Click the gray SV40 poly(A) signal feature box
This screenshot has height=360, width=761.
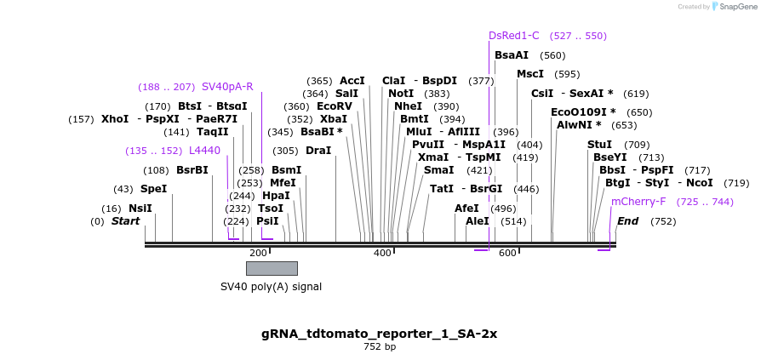click(272, 268)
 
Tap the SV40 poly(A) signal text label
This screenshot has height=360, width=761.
click(271, 287)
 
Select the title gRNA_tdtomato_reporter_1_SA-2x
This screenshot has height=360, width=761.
click(380, 333)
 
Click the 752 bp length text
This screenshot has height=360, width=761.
click(380, 346)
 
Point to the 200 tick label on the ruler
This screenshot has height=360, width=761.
click(258, 253)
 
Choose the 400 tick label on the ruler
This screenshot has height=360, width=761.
click(382, 253)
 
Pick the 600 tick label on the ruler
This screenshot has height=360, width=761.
click(507, 253)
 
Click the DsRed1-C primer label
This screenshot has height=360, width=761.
click(514, 36)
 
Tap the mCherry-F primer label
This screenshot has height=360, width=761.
click(638, 202)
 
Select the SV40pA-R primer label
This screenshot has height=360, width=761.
click(227, 86)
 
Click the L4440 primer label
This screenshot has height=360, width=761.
click(204, 151)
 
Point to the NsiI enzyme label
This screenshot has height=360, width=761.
click(140, 208)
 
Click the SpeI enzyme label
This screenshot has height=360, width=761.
click(153, 189)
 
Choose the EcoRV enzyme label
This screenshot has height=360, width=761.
click(335, 106)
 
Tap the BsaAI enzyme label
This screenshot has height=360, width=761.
click(512, 55)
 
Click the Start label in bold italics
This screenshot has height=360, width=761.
click(125, 221)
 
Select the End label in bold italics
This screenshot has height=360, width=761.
click(627, 221)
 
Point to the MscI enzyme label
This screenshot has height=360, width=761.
click(530, 74)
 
